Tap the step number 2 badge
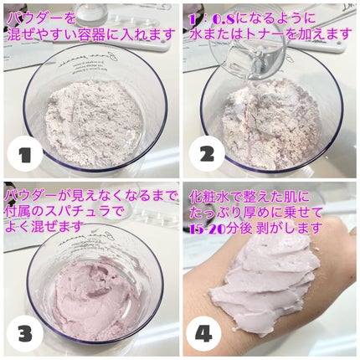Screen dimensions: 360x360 pos(207,154)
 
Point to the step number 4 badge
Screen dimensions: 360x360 pos(203,334)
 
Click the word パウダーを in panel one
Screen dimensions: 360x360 pos(41,19)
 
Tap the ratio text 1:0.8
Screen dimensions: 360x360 pos(212,19)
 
